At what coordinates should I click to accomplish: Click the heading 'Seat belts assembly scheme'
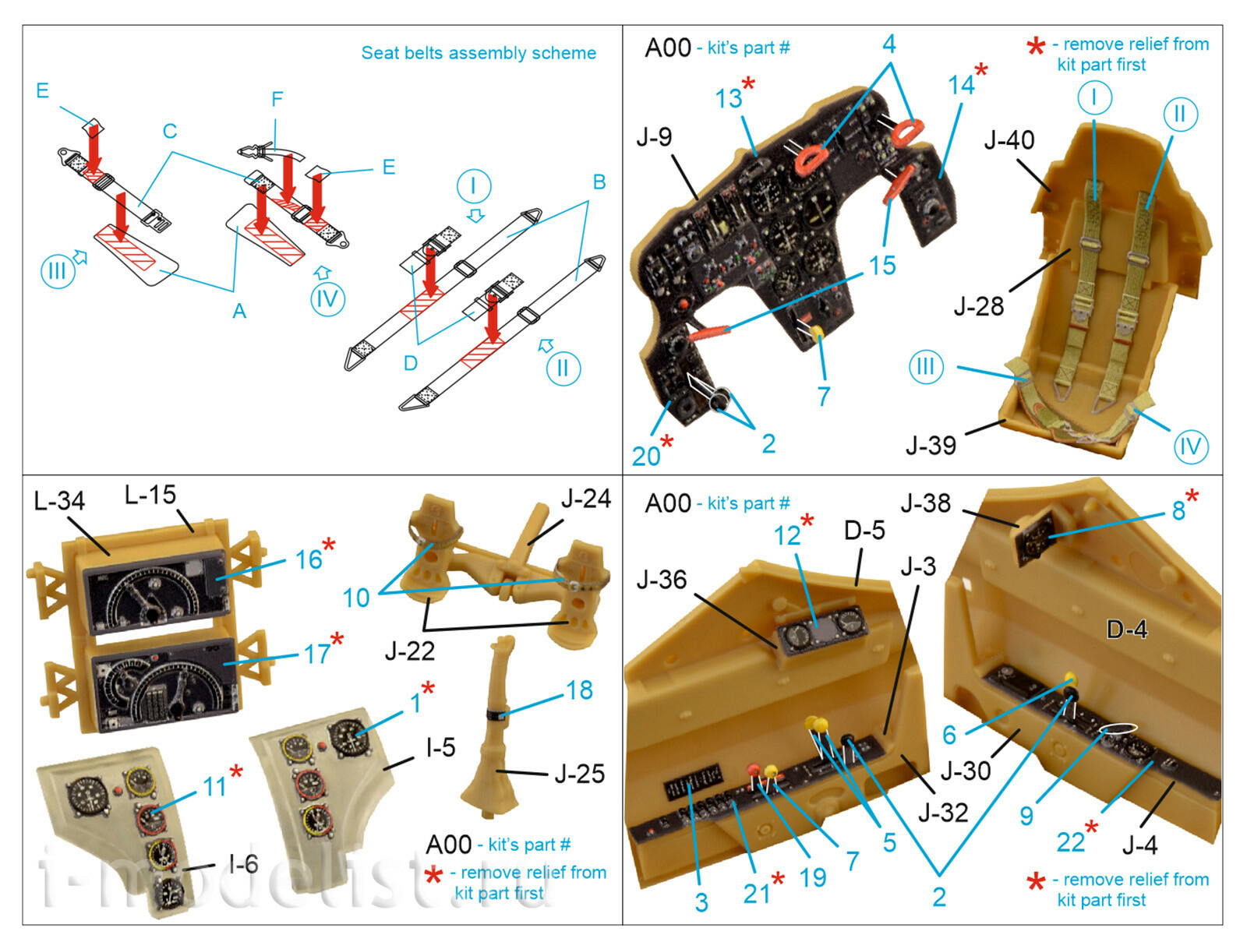pos(478,53)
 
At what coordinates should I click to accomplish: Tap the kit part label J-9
pos(653,137)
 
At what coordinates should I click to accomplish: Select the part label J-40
pos(1009,140)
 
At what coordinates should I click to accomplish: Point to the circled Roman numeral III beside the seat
pos(925,366)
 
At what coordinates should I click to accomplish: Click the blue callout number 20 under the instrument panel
pos(646,456)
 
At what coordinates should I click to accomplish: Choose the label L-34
pos(59,500)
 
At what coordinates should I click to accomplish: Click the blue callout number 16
pos(309,559)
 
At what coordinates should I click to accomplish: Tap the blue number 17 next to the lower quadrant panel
pos(317,653)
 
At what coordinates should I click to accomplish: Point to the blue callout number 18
pos(579,690)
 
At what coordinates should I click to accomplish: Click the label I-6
pos(242,863)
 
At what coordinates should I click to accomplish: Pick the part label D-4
pos(1126,629)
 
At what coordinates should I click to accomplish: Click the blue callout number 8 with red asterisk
pos(1178,510)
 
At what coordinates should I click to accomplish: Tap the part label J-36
pos(661,580)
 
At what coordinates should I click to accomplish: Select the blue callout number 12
pos(787,535)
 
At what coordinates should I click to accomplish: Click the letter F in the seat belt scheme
pos(277,99)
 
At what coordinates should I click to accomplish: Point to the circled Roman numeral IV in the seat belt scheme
pos(327,299)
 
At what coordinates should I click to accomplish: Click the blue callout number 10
pos(356,598)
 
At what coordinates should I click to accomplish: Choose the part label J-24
pos(585,498)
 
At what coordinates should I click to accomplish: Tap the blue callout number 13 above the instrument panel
pos(729,99)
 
